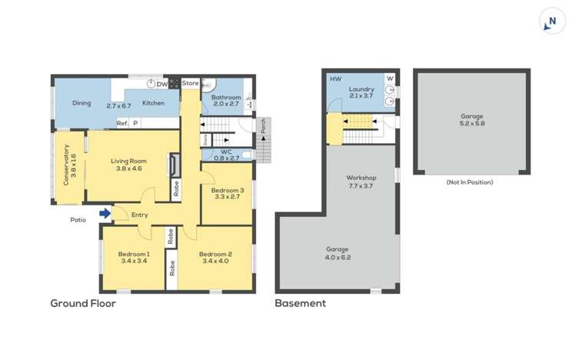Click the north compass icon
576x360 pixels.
552,22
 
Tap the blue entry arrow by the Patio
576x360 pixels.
105,213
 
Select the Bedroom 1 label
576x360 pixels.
134,254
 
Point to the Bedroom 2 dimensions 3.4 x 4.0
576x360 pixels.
215,262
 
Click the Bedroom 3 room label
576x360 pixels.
228,190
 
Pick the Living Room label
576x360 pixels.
129,161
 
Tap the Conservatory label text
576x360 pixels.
66,165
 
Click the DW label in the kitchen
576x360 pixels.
162,85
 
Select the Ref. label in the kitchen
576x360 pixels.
122,123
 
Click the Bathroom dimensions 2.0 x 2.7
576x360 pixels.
226,104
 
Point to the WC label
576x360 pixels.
226,152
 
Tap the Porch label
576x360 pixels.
263,125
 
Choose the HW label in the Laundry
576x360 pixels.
336,79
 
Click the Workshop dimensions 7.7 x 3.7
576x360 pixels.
361,186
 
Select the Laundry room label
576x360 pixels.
361,89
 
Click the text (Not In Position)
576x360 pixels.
470,182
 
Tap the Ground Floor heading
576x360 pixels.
83,303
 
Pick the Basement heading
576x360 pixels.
301,303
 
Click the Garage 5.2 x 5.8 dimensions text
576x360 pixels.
472,123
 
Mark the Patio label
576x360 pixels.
78,220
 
